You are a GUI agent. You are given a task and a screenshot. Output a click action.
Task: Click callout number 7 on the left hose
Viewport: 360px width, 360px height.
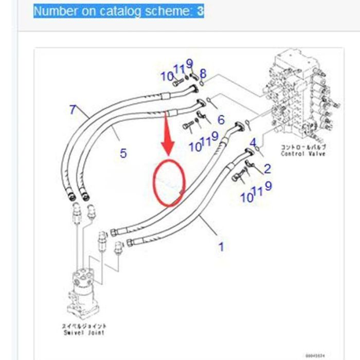point(73,109)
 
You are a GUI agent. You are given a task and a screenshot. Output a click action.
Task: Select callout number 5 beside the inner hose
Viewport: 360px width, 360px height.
point(123,153)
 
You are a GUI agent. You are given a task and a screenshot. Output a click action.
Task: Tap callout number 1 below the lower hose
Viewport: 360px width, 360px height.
point(221,247)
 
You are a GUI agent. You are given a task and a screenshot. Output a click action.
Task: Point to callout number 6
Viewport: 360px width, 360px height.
point(221,120)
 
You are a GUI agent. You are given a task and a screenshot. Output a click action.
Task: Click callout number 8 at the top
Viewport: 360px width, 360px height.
point(203,74)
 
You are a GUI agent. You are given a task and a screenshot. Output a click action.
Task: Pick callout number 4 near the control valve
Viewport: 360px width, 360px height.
point(253,142)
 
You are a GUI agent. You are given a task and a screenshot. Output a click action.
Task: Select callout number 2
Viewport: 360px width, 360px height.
point(267,168)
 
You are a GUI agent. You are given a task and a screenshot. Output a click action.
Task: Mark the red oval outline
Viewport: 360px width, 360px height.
point(169,182)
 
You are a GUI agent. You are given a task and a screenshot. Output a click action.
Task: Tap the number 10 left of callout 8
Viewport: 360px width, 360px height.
point(166,77)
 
